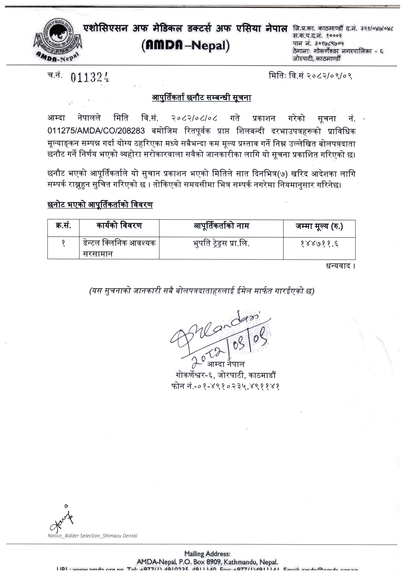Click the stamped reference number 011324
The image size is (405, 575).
[89, 77]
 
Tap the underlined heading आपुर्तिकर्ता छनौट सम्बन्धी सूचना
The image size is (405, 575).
[201, 98]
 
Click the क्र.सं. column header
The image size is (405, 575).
[63, 226]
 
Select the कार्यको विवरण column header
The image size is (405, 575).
[119, 226]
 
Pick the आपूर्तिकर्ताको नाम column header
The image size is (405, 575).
[221, 226]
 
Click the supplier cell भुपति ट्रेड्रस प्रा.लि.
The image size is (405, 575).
[221, 243]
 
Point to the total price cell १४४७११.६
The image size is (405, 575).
[319, 244]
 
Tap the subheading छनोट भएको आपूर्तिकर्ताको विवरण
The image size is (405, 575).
[100, 205]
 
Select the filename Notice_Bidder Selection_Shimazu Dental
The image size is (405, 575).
[93, 536]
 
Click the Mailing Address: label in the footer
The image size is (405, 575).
[207, 554]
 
